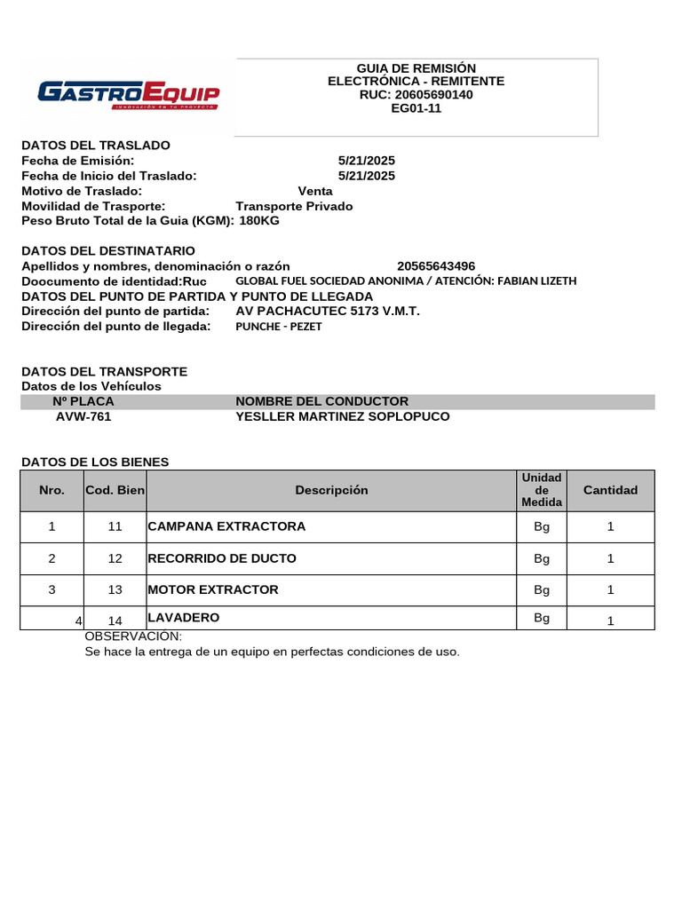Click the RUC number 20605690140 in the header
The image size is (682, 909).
[416, 95]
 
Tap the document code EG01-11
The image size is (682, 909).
[416, 108]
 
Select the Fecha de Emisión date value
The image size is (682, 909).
[367, 161]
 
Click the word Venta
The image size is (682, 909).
[315, 191]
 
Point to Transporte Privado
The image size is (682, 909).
[294, 206]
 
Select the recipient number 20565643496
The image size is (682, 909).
[436, 266]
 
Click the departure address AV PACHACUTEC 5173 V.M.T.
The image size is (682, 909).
[328, 312]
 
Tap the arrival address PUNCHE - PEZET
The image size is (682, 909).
[279, 327]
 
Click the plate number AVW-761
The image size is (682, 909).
[83, 416]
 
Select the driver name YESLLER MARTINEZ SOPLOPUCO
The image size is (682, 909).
[343, 416]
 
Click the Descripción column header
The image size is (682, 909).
[331, 490]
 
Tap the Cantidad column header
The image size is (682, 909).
[610, 490]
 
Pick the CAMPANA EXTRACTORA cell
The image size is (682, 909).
[226, 526]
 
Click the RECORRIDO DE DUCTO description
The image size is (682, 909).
[222, 558]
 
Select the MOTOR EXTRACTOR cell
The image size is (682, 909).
[213, 589]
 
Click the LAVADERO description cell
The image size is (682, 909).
[184, 617]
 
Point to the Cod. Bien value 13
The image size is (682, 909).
[115, 590]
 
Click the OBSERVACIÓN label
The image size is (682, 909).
[133, 636]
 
